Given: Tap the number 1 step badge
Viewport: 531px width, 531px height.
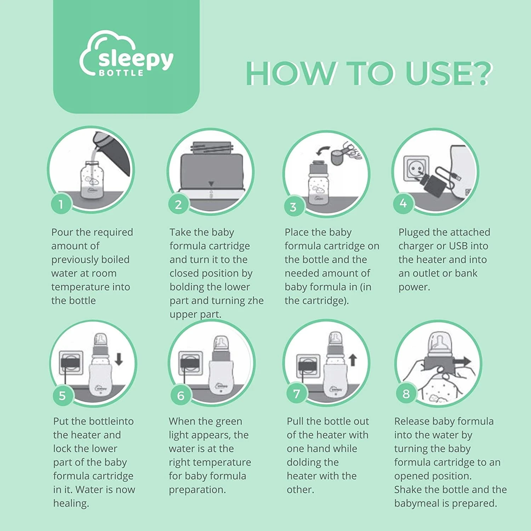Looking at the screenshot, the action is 61,204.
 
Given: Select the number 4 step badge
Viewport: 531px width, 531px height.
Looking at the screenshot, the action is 403,203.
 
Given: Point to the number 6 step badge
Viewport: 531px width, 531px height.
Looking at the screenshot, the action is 181,395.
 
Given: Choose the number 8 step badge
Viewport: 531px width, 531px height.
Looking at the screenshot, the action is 406,394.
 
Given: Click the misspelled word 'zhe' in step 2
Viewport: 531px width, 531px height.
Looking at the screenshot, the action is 256,301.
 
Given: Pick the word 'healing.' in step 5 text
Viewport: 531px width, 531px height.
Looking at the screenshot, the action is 71,503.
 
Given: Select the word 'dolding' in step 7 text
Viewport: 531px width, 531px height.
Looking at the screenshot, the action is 313,463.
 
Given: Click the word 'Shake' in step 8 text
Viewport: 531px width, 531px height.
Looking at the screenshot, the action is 408,490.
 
